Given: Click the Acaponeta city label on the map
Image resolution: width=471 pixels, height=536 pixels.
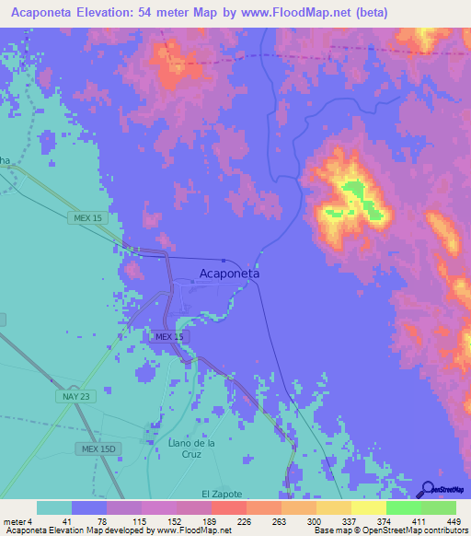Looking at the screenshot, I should pos(229,274).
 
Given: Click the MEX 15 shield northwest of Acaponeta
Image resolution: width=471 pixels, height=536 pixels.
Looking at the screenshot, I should pos(86,217).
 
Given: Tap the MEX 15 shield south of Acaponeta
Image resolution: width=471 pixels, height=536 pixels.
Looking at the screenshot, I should pos(169,338).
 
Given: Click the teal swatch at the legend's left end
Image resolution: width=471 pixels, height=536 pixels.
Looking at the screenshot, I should pos(54,507).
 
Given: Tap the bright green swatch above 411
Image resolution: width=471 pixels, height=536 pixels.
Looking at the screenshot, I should pos(403,507).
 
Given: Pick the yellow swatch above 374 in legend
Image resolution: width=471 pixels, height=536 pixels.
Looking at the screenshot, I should pos(368,507).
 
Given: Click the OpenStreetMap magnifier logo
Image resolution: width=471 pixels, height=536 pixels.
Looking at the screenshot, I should pos(428,489).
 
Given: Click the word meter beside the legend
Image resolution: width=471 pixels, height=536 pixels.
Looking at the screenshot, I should pos(13,521).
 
